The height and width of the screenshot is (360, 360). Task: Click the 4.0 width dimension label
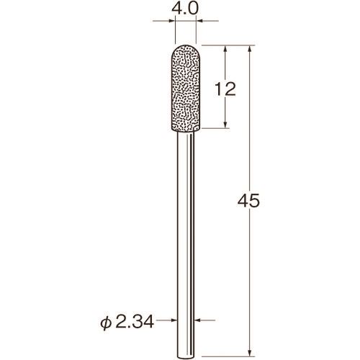point(185,9)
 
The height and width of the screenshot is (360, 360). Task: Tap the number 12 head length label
point(225,89)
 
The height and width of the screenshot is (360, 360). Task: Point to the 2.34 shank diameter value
point(135,322)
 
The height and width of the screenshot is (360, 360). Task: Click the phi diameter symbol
point(106,323)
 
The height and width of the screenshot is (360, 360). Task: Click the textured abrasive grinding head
point(186,89)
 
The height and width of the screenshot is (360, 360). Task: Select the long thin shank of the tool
point(186,245)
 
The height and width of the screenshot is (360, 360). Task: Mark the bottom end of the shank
point(186,358)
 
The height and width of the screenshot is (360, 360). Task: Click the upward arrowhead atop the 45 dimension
point(250,49)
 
